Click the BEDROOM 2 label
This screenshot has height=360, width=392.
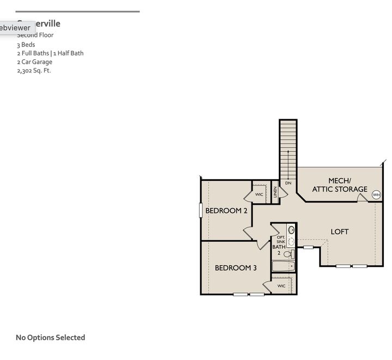point(226,211)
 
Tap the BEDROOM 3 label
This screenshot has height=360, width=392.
point(236,268)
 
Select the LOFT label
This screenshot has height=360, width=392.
point(340,231)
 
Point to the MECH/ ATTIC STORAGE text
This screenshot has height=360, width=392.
point(340,185)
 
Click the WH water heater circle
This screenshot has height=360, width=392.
point(376,195)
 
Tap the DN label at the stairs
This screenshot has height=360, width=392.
point(288,183)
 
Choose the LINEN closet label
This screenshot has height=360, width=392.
point(275,193)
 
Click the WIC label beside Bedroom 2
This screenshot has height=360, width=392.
point(259,194)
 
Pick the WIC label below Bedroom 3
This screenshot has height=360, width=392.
point(281,286)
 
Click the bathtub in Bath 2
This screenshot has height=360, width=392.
point(283,266)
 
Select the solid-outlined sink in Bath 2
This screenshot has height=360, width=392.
point(291,230)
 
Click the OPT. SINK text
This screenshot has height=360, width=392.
point(281,240)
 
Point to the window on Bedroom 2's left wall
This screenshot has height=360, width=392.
point(201,210)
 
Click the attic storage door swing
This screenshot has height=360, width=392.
point(362,198)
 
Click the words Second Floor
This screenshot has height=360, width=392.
point(35,35)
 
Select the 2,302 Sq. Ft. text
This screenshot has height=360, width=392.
point(34,71)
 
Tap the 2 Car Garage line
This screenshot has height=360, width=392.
point(35,62)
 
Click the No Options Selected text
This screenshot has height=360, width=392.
point(51,338)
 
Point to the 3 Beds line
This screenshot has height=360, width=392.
point(26,45)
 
